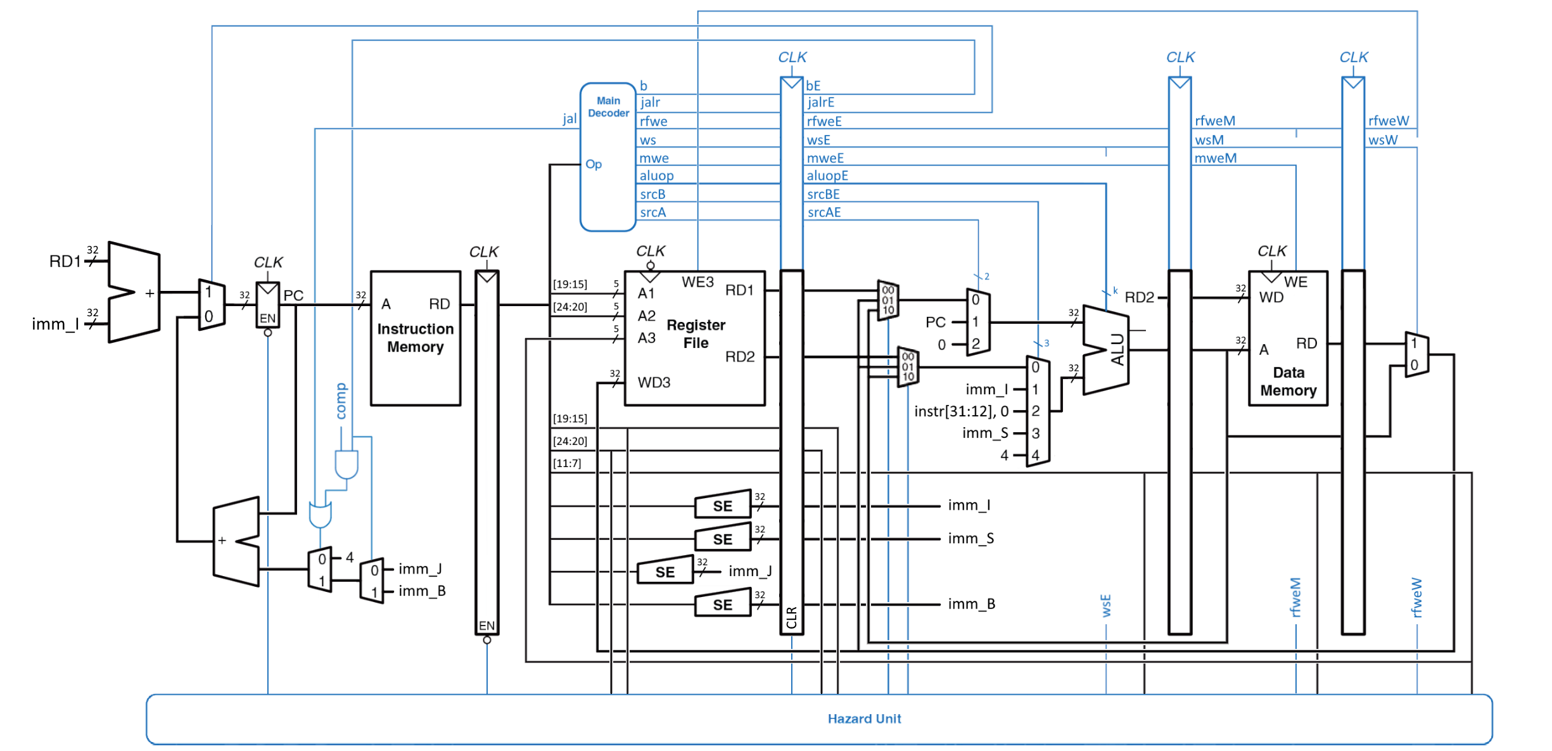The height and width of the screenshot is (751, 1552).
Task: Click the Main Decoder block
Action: click(x=607, y=157)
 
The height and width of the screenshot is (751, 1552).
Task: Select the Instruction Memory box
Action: click(x=416, y=338)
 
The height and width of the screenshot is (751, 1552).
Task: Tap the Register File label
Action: click(x=696, y=334)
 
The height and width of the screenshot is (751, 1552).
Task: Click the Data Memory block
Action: click(x=1288, y=381)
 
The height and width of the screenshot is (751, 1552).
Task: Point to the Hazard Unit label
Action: click(x=863, y=719)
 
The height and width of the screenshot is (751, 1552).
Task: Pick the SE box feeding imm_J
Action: click(x=665, y=572)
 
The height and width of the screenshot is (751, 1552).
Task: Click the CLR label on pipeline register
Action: click(x=791, y=617)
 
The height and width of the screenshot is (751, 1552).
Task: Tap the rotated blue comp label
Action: click(x=341, y=401)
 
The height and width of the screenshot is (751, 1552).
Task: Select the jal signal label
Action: click(x=569, y=119)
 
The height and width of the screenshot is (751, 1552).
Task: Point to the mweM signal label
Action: click(x=1215, y=158)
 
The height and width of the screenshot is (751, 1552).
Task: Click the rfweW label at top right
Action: click(x=1388, y=120)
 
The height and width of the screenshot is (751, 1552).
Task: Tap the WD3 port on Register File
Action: click(x=654, y=382)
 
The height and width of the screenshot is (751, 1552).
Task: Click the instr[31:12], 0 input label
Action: click(x=961, y=411)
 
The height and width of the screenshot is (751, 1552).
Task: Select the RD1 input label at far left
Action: click(x=65, y=261)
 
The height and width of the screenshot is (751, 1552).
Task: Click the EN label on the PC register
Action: click(x=267, y=318)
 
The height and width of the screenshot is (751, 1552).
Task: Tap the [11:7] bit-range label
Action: click(x=567, y=463)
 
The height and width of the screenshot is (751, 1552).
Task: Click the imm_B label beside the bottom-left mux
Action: click(x=422, y=591)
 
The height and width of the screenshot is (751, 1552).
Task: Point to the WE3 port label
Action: click(x=697, y=282)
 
